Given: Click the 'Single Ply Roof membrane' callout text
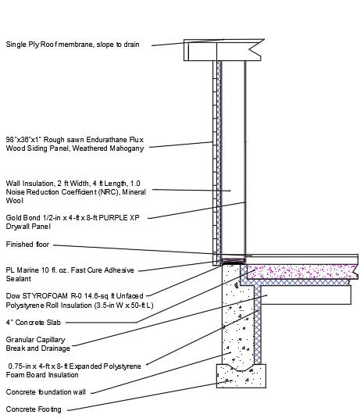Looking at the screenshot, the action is (x=73, y=45).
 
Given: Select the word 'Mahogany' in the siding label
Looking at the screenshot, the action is (x=127, y=148).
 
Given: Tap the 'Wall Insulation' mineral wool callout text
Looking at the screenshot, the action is (x=76, y=192).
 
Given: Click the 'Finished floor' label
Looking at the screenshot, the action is (x=27, y=245).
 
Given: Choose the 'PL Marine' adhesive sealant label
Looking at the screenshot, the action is (x=70, y=274).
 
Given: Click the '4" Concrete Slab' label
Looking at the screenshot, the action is (x=34, y=323).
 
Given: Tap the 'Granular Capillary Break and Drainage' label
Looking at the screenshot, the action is (x=37, y=344).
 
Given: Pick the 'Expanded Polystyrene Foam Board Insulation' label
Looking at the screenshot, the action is (x=73, y=370).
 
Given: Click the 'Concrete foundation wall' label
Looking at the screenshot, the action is (x=46, y=392).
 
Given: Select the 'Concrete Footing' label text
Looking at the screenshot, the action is (x=34, y=409).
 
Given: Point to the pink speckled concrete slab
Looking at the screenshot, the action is (x=301, y=272).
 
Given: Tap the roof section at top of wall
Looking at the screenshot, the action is (x=223, y=50).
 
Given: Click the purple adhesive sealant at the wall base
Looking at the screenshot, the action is (x=233, y=260).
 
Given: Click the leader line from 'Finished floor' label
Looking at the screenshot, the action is (x=152, y=250).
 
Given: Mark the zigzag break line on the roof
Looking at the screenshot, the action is (x=256, y=50).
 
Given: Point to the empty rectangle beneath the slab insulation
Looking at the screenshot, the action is (x=305, y=295).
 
